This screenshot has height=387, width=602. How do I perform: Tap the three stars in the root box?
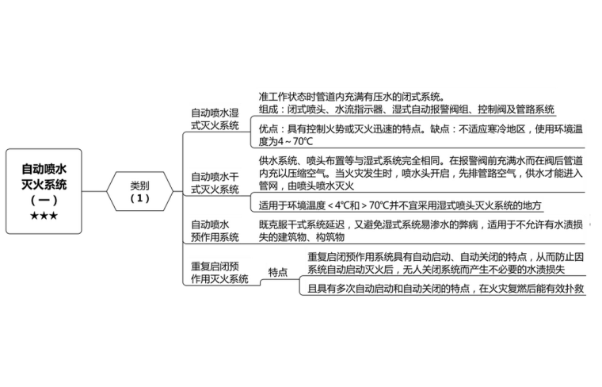tap(44, 215)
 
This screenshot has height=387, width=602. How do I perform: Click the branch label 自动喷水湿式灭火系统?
tap(215, 119)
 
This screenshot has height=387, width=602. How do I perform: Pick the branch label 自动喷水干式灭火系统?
tap(215, 182)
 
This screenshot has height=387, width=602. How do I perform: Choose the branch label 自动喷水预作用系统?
tap(215, 230)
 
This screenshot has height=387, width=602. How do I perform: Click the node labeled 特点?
tap(278, 272)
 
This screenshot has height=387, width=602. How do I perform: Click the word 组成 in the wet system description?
tap(269, 109)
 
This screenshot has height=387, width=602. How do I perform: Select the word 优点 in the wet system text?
tap(269, 128)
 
